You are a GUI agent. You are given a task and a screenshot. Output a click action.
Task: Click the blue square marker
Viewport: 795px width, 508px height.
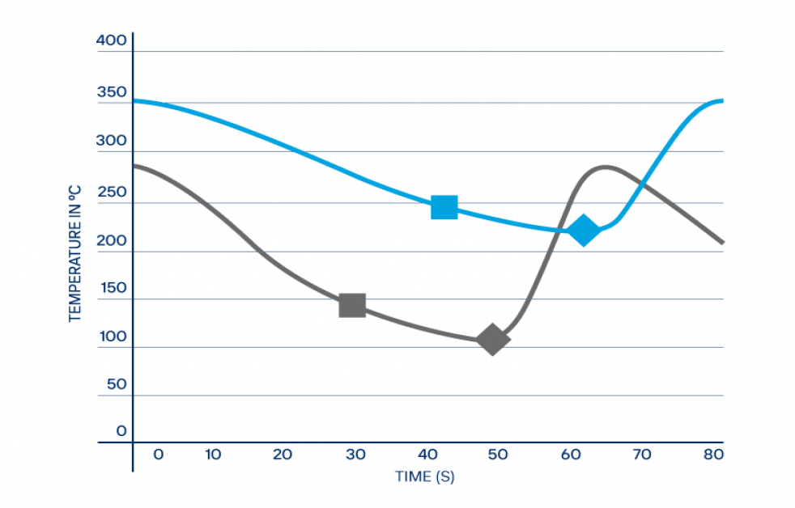point(444,207)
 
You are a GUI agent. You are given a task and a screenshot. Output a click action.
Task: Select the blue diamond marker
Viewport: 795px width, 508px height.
point(583,231)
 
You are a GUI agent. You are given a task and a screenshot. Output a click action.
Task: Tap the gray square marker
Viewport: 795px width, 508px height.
point(352,305)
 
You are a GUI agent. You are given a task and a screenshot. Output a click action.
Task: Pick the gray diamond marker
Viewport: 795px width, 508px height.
point(492,340)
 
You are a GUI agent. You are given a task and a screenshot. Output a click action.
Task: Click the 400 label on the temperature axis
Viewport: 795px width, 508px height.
point(112,40)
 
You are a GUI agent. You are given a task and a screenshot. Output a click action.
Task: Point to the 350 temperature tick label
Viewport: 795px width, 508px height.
point(112,92)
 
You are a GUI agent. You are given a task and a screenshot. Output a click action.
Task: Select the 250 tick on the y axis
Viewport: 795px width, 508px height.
point(112,193)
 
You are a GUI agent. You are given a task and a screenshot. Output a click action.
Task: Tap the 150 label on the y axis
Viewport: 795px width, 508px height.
point(112,289)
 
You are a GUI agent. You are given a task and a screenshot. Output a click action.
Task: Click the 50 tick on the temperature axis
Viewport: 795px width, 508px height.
point(117,383)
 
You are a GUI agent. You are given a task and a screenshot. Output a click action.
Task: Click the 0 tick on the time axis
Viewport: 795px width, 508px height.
point(158,455)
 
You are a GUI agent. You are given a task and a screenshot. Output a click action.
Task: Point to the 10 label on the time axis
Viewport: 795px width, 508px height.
point(212,455)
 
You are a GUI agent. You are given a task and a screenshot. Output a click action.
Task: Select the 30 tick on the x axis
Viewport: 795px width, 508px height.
point(355,455)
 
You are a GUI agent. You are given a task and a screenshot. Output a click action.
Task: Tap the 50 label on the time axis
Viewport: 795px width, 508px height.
point(497,455)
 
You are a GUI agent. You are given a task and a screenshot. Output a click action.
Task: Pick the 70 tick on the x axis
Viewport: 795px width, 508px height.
point(641,455)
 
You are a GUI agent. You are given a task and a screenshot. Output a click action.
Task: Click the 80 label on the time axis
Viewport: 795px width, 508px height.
point(712,455)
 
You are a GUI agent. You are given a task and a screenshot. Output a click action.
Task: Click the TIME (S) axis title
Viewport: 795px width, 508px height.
point(424,476)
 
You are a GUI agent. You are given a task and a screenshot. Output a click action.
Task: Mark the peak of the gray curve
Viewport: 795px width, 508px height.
point(606,167)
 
